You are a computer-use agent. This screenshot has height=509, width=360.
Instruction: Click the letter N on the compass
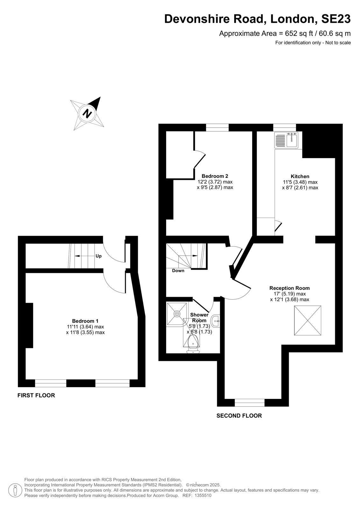coord(87,113)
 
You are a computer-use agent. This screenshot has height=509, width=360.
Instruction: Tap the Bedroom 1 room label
coord(85,321)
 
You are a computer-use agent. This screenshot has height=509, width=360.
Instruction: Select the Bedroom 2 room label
coord(215,176)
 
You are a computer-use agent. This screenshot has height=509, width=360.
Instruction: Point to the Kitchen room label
coord(300,176)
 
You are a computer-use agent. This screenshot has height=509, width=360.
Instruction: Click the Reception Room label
coord(290,288)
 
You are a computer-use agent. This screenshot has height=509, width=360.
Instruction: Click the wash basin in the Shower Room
coord(215,321)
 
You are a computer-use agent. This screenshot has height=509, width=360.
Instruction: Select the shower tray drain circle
coord(177,314)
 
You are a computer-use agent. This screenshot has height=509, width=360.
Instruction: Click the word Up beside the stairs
coord(98,256)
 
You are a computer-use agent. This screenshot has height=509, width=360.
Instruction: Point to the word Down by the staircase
coord(178,271)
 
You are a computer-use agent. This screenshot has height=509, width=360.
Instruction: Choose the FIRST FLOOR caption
coord(36,395)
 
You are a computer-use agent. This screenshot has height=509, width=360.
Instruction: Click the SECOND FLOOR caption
coord(239,415)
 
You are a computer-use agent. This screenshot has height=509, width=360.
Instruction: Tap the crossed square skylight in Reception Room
coord(307,320)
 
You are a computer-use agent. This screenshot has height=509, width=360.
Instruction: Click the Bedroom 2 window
coord(217,128)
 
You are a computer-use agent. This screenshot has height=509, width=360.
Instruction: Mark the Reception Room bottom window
coord(250,403)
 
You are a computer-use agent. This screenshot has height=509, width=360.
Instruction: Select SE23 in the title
coord(336,19)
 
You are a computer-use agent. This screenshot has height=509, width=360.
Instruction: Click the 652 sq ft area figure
coord(296,33)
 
